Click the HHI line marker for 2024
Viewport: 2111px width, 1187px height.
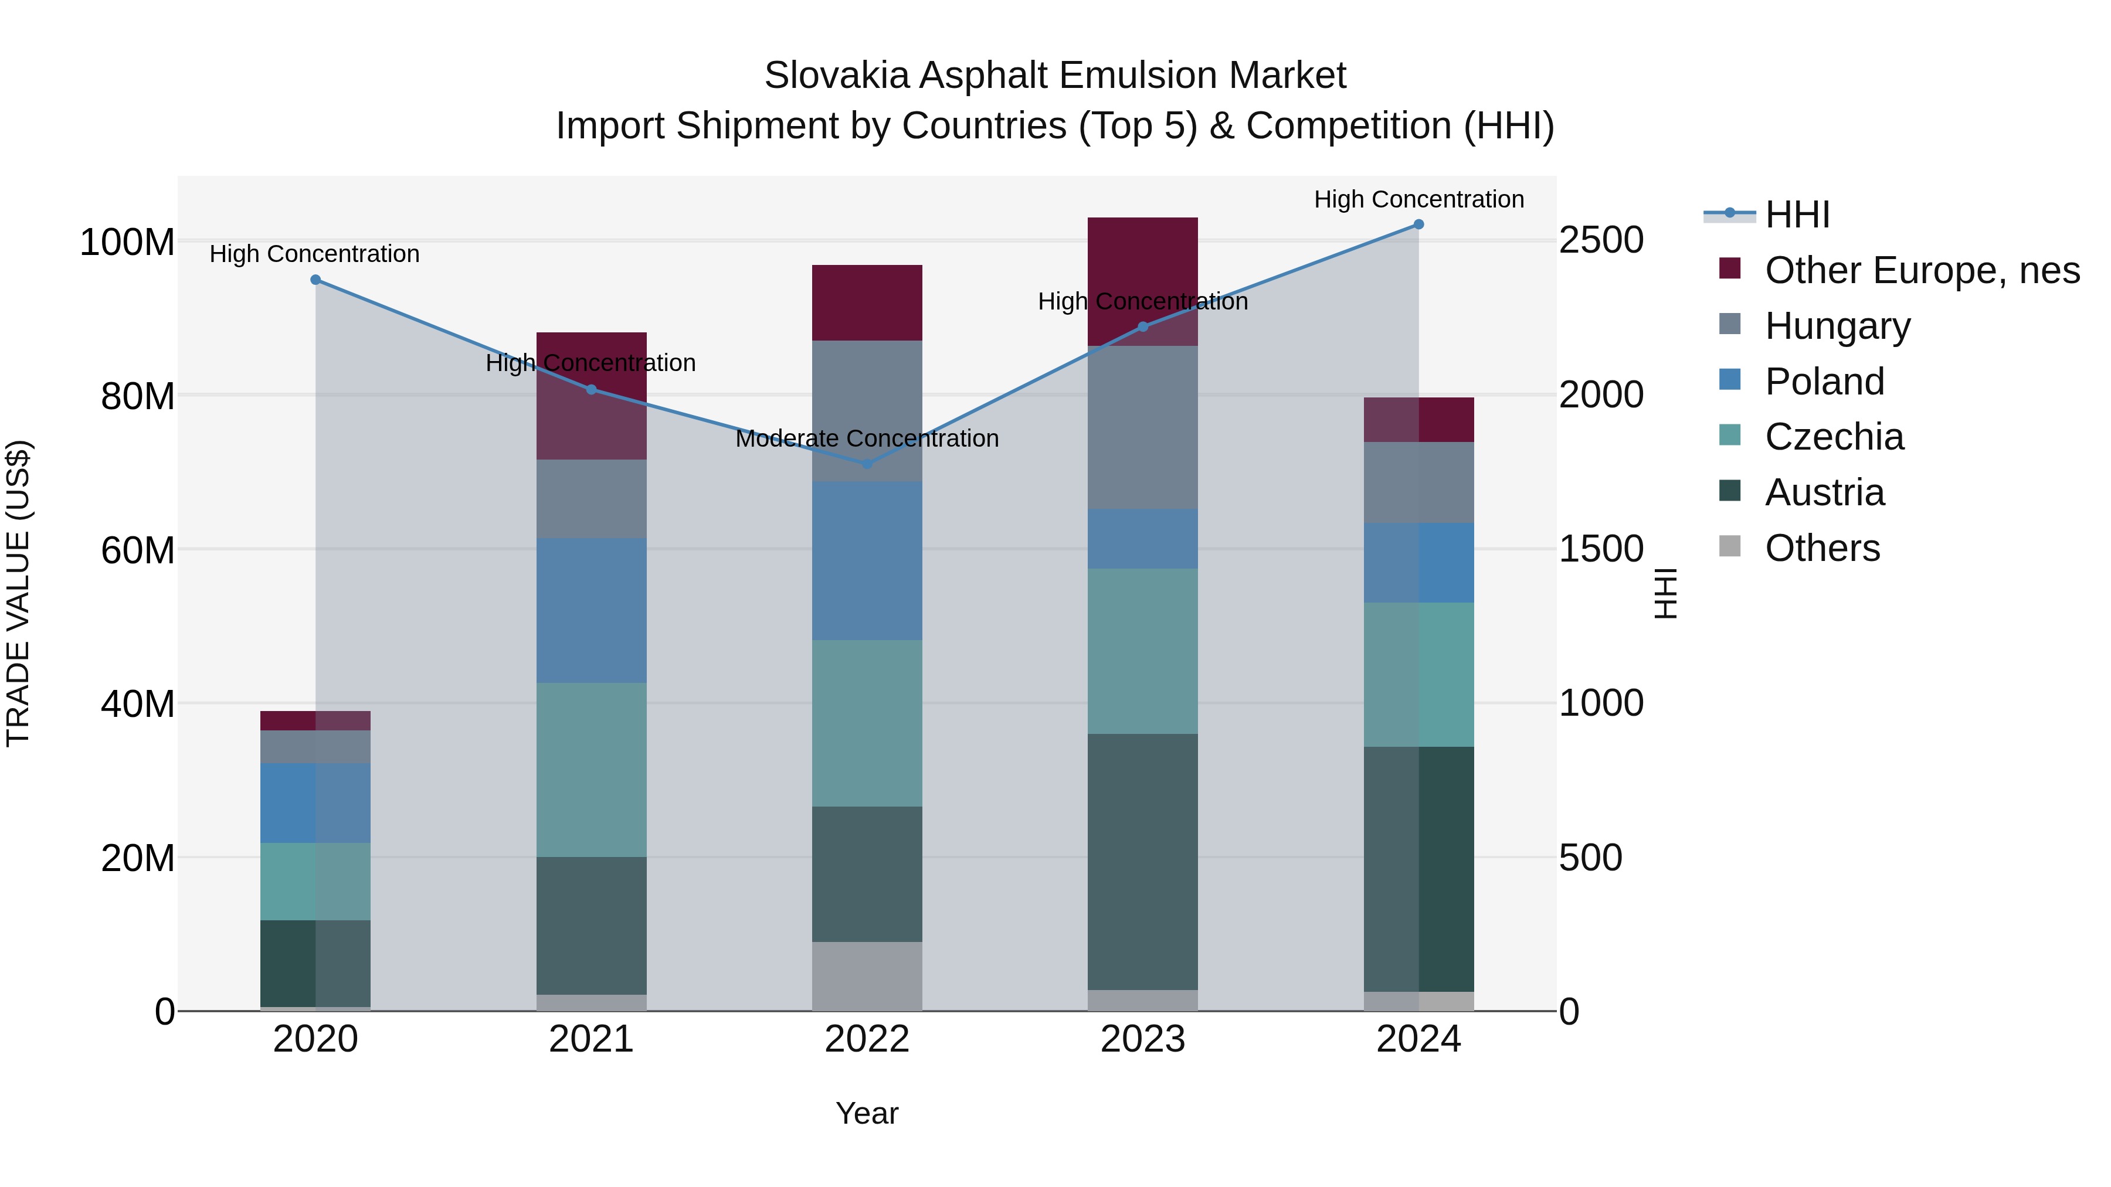pyautogui.click(x=1418, y=225)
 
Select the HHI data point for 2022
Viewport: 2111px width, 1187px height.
pyautogui.click(x=867, y=464)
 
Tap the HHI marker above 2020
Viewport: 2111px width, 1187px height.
pyautogui.click(x=315, y=280)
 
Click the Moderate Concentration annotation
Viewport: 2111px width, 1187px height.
pyautogui.click(x=867, y=439)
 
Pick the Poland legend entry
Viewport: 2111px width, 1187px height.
pyautogui.click(x=1824, y=382)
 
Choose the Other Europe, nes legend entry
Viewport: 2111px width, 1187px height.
pyautogui.click(x=1922, y=270)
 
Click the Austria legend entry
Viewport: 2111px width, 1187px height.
pyautogui.click(x=1824, y=493)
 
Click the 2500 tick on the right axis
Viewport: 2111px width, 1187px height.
pyautogui.click(x=1600, y=241)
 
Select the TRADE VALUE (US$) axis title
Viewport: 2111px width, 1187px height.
pyautogui.click(x=18, y=593)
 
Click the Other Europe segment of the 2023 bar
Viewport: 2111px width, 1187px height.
pyautogui.click(x=1142, y=270)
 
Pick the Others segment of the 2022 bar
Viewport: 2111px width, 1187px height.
pyautogui.click(x=867, y=977)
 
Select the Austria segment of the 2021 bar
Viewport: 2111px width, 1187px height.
pyautogui.click(x=592, y=926)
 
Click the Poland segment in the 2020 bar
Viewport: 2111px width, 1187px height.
pyautogui.click(x=315, y=803)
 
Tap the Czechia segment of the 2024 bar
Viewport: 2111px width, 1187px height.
pyautogui.click(x=1418, y=675)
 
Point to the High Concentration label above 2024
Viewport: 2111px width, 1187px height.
pyautogui.click(x=1418, y=200)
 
